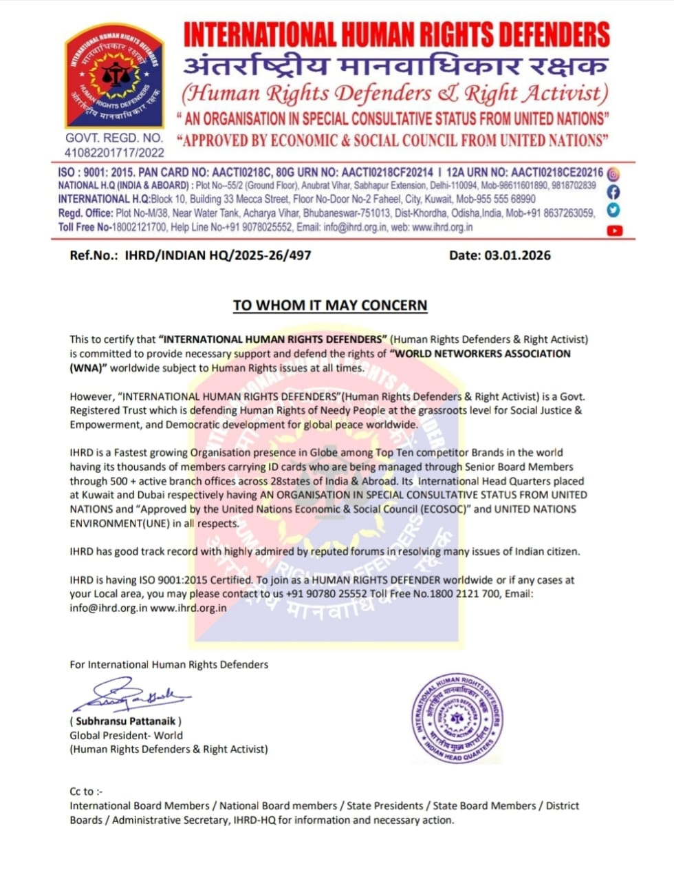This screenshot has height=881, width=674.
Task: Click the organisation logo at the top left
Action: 114,76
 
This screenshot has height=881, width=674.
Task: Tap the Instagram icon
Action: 613,175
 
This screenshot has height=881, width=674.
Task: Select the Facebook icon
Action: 613,193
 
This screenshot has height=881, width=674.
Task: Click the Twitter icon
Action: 613,211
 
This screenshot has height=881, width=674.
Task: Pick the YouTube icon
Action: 614,231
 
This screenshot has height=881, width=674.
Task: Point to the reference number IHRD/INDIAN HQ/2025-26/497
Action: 218,255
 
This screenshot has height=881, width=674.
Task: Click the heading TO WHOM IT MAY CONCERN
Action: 330,305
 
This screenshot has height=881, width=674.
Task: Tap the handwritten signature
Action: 131,696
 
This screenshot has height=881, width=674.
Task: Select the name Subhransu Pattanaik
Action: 125,721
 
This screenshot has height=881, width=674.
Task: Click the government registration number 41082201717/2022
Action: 114,153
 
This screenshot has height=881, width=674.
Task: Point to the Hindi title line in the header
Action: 395,67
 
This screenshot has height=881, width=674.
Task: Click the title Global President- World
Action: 126,735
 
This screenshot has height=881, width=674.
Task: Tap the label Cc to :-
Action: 86,792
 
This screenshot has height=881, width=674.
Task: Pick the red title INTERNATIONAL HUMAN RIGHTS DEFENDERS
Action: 396,34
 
